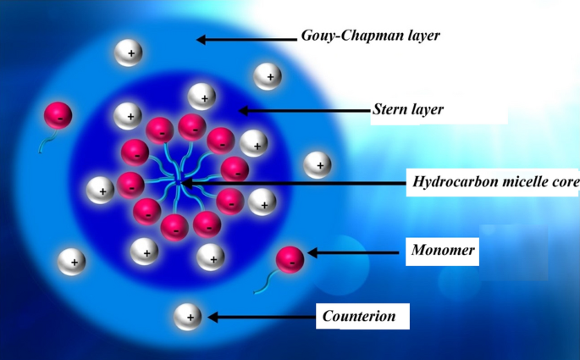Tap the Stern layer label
(408, 109)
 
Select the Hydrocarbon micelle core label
(494, 181)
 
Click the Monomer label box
(442, 251)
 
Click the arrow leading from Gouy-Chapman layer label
(246, 37)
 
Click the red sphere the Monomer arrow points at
(290, 259)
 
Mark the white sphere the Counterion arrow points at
(188, 317)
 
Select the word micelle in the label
(522, 181)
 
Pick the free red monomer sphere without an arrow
(58, 115)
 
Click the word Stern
(390, 109)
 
